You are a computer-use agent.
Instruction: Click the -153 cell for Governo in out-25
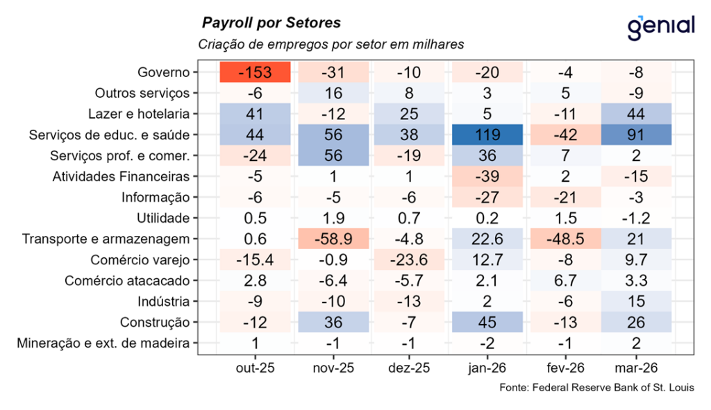(x=254, y=73)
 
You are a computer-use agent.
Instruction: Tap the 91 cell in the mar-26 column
(x=636, y=135)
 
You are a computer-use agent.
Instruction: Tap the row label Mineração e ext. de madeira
(x=106, y=343)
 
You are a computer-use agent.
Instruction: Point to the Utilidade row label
(x=163, y=219)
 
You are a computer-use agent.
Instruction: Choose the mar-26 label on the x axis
(x=636, y=368)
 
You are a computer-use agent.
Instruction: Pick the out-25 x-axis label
(x=254, y=368)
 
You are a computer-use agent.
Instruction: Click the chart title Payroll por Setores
(x=271, y=23)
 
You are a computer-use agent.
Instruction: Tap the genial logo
(x=660, y=26)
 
